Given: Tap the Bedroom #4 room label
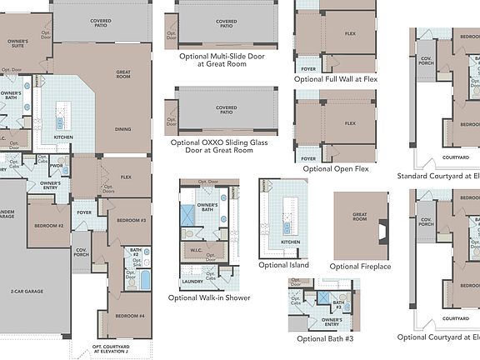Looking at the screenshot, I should pos(130,316).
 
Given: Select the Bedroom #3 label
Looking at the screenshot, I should pos(131,220).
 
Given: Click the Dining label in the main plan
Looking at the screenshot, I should pos(122,129).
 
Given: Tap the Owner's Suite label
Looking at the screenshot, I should pos(17,41).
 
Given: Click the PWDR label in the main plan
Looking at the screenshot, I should pos(57,166).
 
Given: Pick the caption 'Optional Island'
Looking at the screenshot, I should pos(283,265).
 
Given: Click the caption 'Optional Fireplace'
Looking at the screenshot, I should pos(361,266).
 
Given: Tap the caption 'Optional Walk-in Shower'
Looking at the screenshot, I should pos(208,297).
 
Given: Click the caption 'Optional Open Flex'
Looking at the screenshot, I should pos(336,168).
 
